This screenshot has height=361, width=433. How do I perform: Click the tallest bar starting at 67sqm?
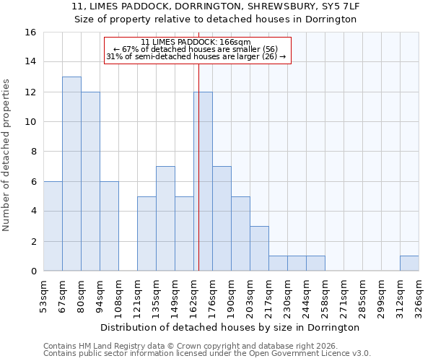point(71,174)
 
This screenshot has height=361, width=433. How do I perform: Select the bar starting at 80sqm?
point(90,181)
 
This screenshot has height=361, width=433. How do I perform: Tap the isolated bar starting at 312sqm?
point(409,264)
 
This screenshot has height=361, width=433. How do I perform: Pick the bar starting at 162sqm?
point(203,181)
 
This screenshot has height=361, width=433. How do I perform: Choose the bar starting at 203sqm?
point(259,248)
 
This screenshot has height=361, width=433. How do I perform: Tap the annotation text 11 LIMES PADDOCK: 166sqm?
point(196,42)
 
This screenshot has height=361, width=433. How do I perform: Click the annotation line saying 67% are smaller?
point(196,49)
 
